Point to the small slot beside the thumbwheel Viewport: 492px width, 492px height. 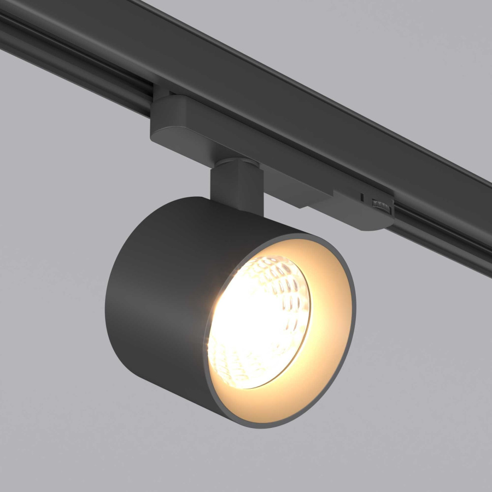click(x=362, y=195)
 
